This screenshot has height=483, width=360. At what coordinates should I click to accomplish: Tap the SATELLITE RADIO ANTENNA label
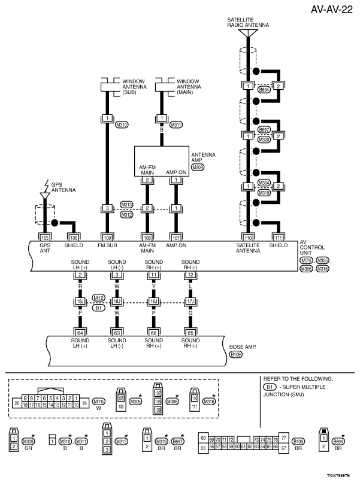coord(247,23)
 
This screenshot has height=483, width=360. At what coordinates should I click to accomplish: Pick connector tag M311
coord(176,125)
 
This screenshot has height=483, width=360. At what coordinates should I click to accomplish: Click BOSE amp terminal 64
coord(80,332)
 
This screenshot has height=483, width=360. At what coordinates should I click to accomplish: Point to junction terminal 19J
coord(80,303)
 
